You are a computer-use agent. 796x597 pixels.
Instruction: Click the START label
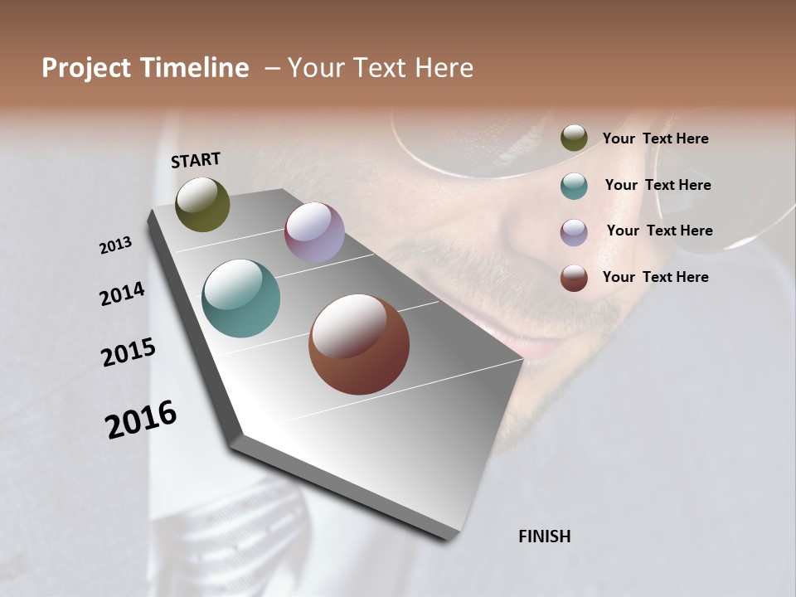click(196, 160)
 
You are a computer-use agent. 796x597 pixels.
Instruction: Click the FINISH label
click(545, 536)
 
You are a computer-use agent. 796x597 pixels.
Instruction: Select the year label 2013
click(116, 245)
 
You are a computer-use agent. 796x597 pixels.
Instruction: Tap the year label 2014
click(122, 294)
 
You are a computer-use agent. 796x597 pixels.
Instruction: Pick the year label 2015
click(129, 352)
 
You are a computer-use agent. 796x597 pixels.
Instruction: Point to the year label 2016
click(141, 419)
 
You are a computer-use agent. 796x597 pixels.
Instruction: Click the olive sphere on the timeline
click(202, 204)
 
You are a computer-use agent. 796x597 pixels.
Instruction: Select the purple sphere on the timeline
click(314, 232)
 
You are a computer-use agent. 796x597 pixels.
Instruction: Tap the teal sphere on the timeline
click(240, 298)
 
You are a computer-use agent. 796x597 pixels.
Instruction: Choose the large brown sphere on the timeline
click(359, 344)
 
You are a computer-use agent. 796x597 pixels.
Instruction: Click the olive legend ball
click(574, 138)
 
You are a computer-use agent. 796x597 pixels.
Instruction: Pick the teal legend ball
click(574, 186)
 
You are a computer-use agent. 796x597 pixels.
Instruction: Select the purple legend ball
click(574, 232)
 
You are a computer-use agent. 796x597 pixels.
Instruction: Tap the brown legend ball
click(574, 278)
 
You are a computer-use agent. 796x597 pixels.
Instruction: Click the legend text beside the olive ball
click(655, 139)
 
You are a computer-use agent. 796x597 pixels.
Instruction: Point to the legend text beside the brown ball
click(655, 277)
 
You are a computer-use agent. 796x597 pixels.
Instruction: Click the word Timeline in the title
click(195, 68)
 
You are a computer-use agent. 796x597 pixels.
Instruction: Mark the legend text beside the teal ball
click(658, 185)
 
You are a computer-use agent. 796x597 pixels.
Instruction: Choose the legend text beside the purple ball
click(659, 231)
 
